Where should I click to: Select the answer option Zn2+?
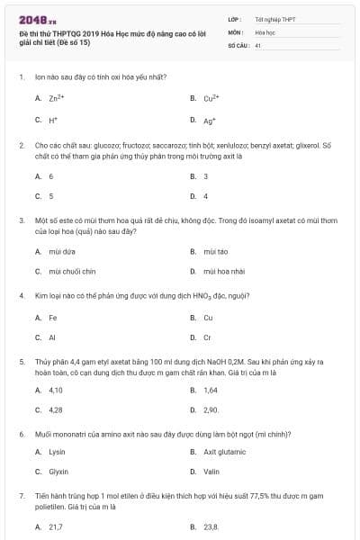click(56, 98)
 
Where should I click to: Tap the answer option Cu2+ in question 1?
click(212, 98)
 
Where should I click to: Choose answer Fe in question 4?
click(53, 318)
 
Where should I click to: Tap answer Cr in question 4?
click(208, 337)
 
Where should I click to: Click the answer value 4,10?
click(56, 390)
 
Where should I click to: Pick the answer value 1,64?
click(211, 390)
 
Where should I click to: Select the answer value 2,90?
click(211, 409)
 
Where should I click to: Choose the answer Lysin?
click(58, 452)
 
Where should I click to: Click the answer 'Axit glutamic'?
click(224, 452)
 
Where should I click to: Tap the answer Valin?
click(211, 472)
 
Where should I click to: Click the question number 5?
click(20, 361)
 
